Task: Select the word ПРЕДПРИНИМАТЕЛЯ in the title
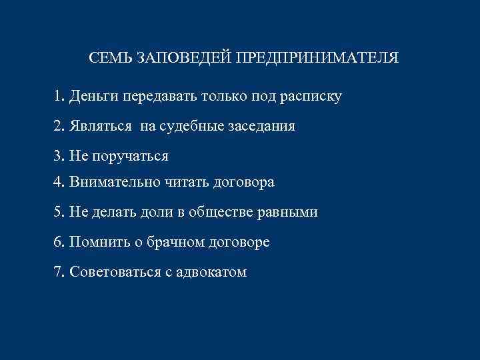(x=315, y=58)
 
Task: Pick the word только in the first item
(x=224, y=97)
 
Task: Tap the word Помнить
(x=96, y=242)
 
